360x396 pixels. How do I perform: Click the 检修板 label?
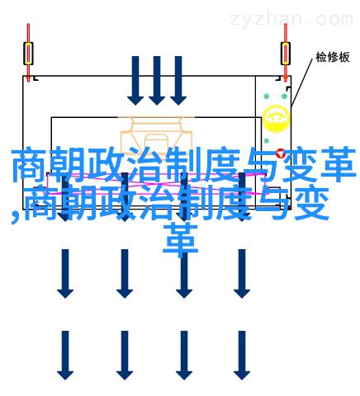coord(333,57)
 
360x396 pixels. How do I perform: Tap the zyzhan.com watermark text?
coord(291,19)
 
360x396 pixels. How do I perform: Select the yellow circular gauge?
coord(276,118)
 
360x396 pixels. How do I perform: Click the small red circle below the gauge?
coord(280,153)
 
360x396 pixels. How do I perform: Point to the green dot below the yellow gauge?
coord(267,141)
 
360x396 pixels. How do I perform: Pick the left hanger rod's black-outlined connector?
coord(28,54)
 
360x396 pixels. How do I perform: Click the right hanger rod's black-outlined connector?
coord(286,54)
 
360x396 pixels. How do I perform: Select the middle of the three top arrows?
coord(157,81)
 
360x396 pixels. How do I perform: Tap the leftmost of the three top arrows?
coord(135,81)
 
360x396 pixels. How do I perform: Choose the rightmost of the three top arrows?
coord(178,81)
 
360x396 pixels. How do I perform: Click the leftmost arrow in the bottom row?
coord(65,356)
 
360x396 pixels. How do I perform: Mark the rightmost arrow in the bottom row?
coord(242,356)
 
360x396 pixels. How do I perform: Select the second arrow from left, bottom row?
coord(125,356)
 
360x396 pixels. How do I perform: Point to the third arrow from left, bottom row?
coord(184,356)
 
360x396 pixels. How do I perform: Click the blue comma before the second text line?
coord(16,217)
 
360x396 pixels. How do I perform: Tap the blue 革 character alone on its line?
coord(181,239)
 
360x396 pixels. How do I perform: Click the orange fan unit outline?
coord(156,132)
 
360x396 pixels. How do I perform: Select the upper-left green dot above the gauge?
coord(267,97)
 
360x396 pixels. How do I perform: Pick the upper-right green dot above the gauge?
coord(284,97)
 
